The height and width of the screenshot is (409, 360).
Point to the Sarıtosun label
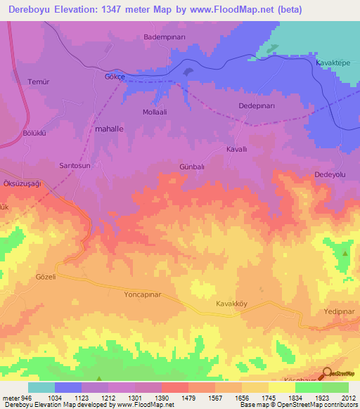(75, 164)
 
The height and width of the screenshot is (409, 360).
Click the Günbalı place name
(191, 167)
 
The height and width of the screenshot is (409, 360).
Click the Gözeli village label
(45, 277)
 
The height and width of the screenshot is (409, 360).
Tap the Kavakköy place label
(231, 304)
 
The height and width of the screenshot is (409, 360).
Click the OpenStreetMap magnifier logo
(327, 374)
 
